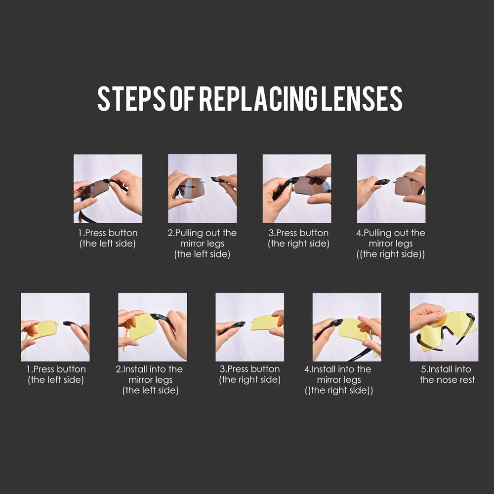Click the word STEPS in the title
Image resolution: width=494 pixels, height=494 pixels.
(x=131, y=98)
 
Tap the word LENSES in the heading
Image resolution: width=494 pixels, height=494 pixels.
(x=362, y=98)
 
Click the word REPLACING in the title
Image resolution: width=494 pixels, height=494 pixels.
(x=258, y=98)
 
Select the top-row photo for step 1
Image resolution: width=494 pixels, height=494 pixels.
(x=108, y=188)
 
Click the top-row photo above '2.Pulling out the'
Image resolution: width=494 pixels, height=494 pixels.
(x=202, y=188)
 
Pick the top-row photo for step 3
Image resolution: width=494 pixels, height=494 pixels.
(x=297, y=188)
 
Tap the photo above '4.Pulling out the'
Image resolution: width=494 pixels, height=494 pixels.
(x=391, y=188)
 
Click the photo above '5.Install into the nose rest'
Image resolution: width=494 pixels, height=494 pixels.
(x=444, y=327)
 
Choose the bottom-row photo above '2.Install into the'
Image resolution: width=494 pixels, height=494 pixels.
(x=153, y=327)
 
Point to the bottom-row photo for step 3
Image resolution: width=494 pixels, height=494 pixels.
(x=249, y=327)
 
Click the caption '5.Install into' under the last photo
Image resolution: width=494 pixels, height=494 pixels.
(x=446, y=369)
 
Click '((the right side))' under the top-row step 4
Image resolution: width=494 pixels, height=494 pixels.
(x=391, y=254)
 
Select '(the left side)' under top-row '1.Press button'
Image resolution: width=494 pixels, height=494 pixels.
(x=107, y=244)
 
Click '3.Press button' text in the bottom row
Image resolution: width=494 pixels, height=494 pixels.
(x=249, y=369)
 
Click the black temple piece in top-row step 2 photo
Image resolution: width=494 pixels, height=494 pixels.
(x=220, y=180)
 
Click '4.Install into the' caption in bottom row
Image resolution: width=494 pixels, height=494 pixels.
(x=338, y=369)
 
